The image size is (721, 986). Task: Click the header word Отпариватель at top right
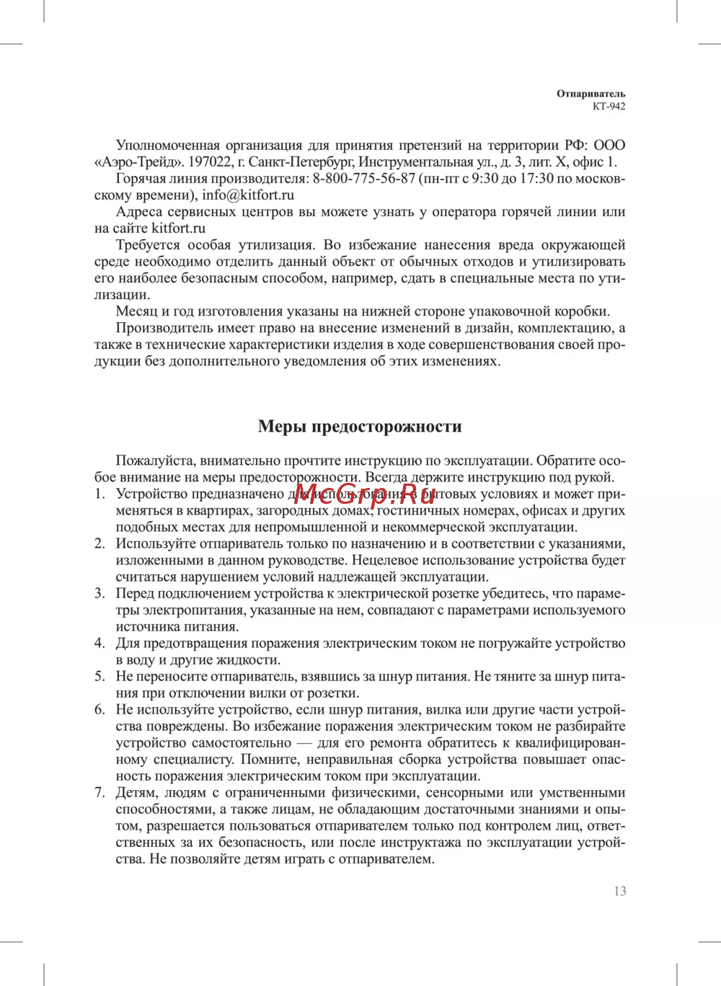point(590,94)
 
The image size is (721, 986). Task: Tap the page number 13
point(620,892)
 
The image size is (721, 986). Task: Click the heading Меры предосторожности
point(360,427)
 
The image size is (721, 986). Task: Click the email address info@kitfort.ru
point(248,195)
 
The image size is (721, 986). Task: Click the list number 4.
point(99,644)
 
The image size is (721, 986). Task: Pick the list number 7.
point(99,793)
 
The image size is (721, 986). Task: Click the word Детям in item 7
point(136,793)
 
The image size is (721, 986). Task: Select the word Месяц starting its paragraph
point(136,311)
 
